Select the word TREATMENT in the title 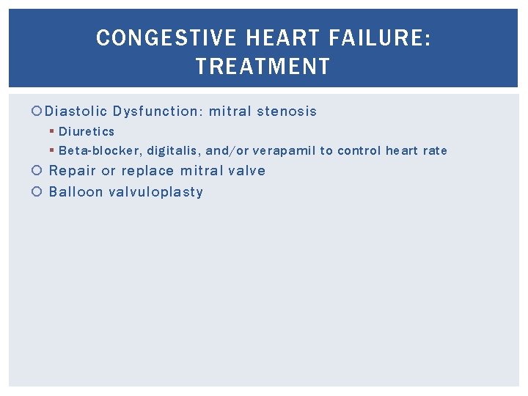click(x=263, y=67)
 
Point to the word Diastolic click(x=76, y=111)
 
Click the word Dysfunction click(x=158, y=111)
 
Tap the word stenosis click(x=287, y=111)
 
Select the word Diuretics click(x=87, y=131)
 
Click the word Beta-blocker click(x=100, y=151)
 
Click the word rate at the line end click(x=435, y=151)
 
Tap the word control click(x=359, y=151)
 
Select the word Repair click(x=72, y=171)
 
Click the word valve click(x=246, y=171)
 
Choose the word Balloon click(x=76, y=192)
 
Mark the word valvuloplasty click(x=155, y=192)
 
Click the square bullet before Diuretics click(x=51, y=132)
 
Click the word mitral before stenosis click(x=230, y=111)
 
